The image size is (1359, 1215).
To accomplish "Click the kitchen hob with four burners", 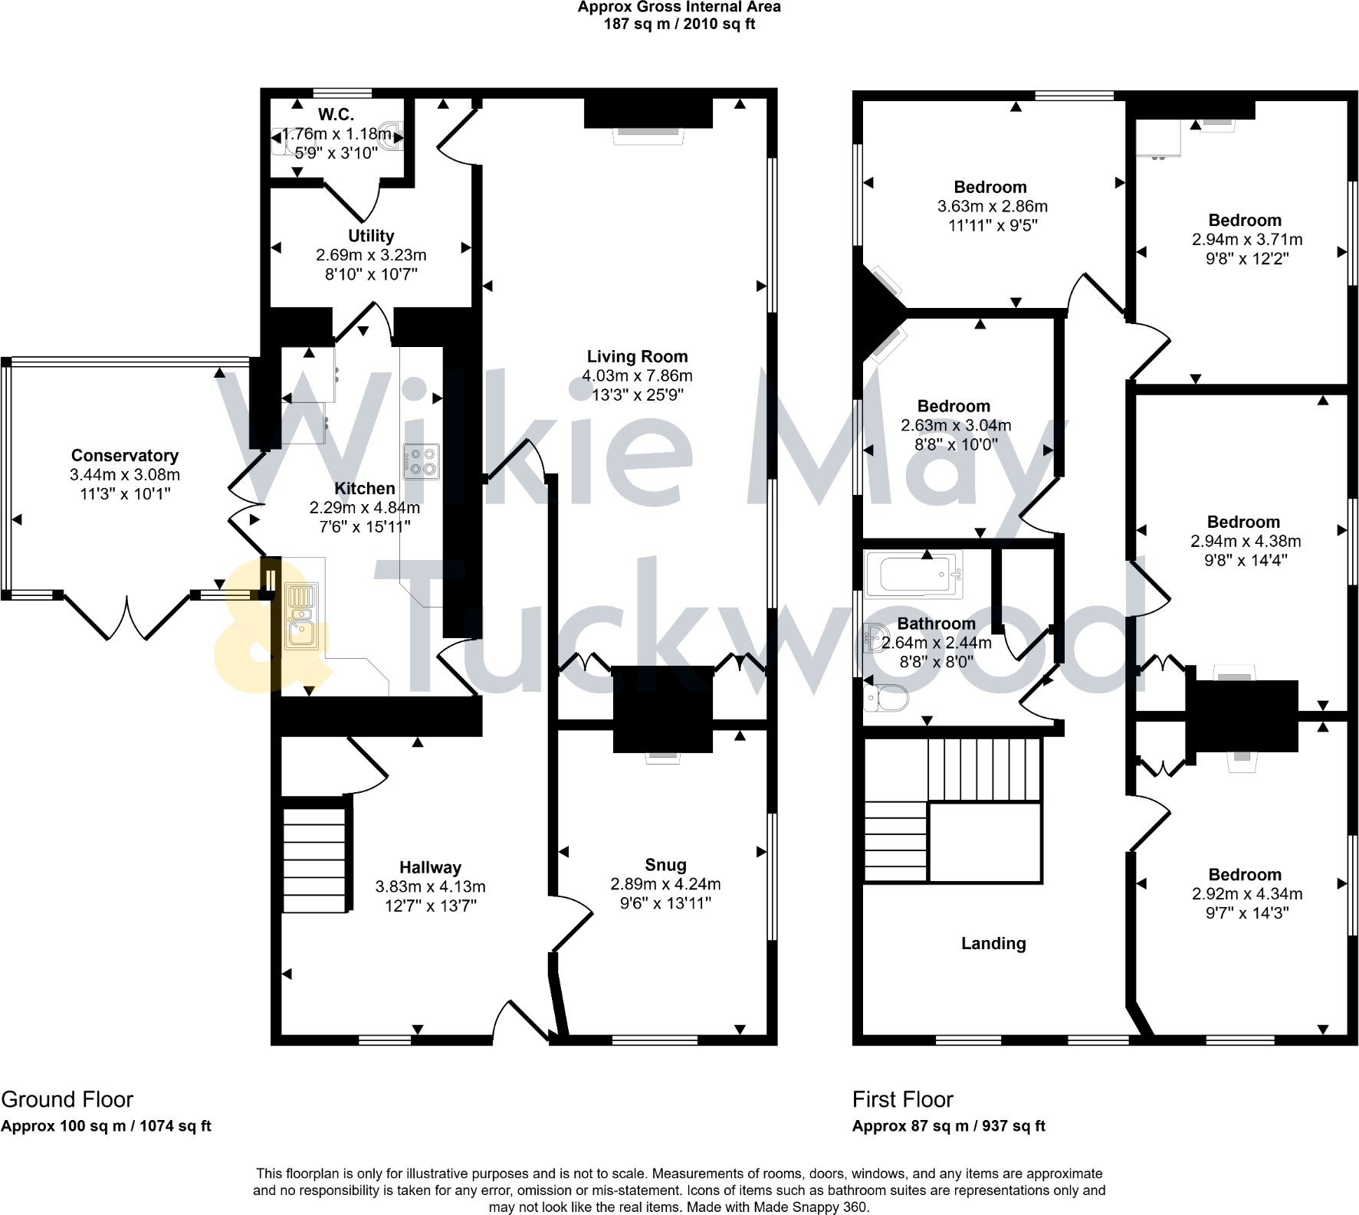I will click(x=421, y=461).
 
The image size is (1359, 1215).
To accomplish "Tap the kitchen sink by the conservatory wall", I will click(x=301, y=616).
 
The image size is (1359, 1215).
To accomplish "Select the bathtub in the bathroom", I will click(x=913, y=575).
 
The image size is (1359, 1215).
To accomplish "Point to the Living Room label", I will click(x=637, y=356).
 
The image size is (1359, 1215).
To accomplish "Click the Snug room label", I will click(x=665, y=865).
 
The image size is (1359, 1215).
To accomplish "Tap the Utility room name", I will click(x=371, y=236).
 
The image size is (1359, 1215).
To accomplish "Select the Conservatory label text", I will click(x=125, y=456).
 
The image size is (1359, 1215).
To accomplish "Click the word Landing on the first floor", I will click(x=993, y=944).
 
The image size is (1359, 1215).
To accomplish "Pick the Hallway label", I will click(x=430, y=867).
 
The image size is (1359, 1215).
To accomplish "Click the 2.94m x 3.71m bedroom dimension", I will click(x=1246, y=240).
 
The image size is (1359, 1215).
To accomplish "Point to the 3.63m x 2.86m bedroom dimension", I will click(x=992, y=206).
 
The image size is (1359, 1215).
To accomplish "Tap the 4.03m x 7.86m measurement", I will click(x=637, y=375).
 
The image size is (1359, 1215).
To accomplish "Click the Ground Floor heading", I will click(x=67, y=1099).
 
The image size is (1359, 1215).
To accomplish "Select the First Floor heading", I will click(x=902, y=1099).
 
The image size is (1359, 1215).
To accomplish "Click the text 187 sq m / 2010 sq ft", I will click(x=679, y=24).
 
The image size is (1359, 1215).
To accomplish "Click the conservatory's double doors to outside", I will click(x=126, y=617).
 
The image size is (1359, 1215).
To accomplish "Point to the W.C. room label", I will click(x=336, y=115).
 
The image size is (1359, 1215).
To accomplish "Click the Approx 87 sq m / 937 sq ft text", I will click(x=948, y=1126).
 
